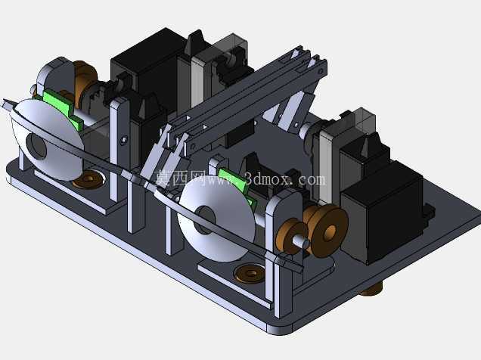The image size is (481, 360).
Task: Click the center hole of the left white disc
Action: (x=36, y=146)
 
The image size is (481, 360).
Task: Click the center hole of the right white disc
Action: (x=205, y=220)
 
